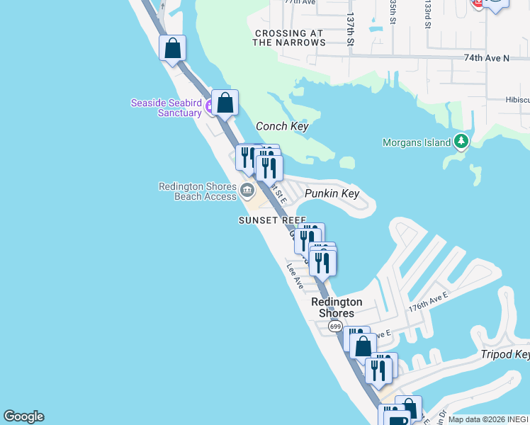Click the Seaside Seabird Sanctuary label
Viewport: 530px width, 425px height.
(167, 108)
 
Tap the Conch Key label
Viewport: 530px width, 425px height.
(282, 126)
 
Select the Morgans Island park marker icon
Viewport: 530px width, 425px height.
(461, 142)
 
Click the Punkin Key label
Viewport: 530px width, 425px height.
(332, 193)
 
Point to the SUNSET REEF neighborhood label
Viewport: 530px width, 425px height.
(272, 220)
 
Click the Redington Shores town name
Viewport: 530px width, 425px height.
(337, 307)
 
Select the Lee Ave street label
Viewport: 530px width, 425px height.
(295, 276)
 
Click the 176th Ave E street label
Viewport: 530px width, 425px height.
(428, 303)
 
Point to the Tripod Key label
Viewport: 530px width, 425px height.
(505, 354)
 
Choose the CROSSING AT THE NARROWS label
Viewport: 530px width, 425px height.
(290, 38)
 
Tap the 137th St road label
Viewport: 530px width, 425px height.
(350, 30)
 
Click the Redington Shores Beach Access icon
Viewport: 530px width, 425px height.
(247, 189)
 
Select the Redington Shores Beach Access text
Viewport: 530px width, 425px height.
(197, 191)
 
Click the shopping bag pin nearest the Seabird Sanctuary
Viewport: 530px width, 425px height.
(225, 103)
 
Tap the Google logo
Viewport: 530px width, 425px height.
(23, 416)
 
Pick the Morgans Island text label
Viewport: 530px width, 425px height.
(417, 142)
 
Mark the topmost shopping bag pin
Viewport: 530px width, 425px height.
(172, 48)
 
